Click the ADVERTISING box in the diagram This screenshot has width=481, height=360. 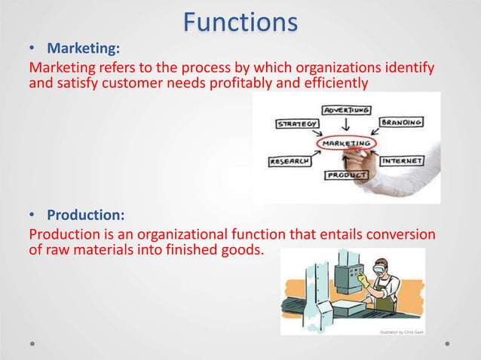coord(346,110)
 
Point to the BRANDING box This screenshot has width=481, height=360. coord(401,121)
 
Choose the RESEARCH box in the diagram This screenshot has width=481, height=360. coord(292,161)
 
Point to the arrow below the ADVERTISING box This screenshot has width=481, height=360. coord(345,124)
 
